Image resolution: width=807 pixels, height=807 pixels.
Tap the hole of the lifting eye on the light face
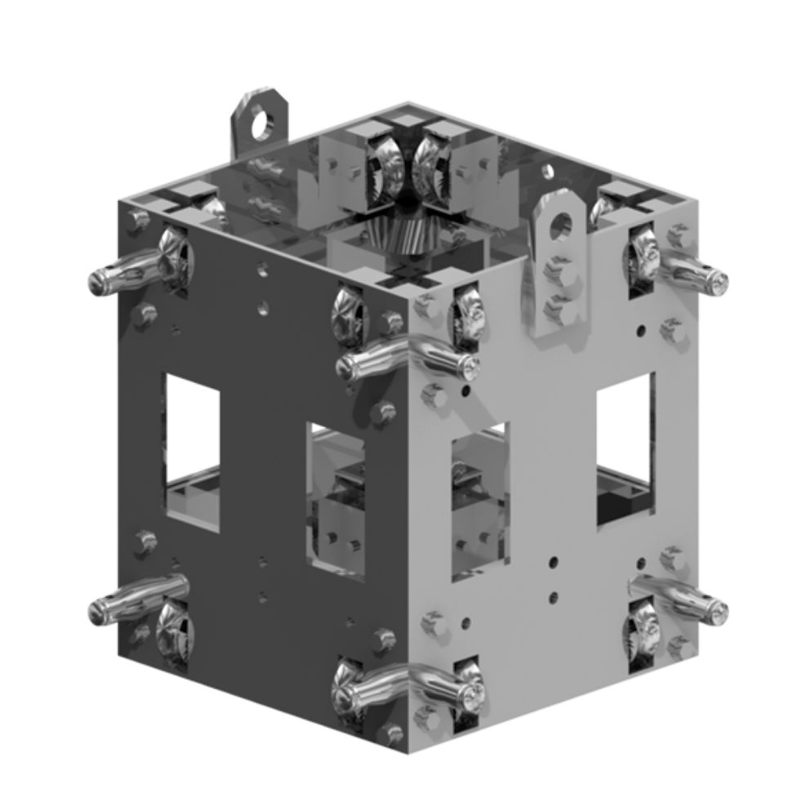tap(560, 224)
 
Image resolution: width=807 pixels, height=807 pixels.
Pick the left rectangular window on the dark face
tap(193, 451)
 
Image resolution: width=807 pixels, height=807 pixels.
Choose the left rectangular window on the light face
tap(479, 498)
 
